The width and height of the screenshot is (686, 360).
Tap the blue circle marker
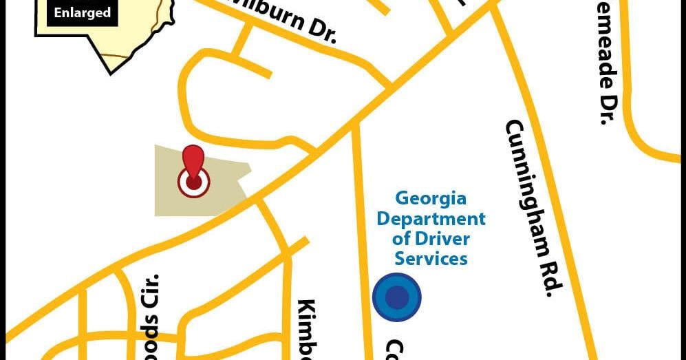pos(396,297)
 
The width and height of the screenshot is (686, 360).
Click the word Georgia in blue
pos(431,199)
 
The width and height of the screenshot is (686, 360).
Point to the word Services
pos(431,259)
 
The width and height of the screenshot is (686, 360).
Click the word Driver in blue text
pos(442,239)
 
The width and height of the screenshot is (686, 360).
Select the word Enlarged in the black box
pos(83,13)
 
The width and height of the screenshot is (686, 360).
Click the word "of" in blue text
pos(402,239)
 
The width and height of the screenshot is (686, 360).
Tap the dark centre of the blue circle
pos(396,297)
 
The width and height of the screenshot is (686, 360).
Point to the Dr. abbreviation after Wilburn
pos(323,31)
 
